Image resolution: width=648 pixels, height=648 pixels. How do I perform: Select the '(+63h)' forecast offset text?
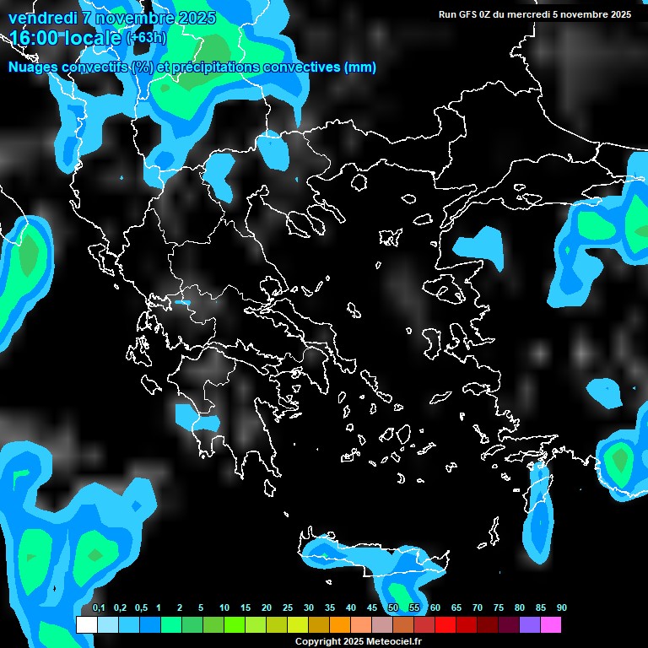click(x=146, y=38)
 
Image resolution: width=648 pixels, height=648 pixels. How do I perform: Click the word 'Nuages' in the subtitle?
click(x=34, y=67)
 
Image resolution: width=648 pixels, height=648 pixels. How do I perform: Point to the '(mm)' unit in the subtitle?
click(x=359, y=67)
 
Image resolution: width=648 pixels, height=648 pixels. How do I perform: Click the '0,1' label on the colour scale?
click(x=99, y=608)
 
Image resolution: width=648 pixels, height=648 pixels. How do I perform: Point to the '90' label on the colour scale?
click(x=562, y=608)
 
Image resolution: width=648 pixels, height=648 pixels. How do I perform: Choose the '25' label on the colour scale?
click(x=288, y=608)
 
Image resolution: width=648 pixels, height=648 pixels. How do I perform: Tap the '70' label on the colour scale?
click(x=478, y=608)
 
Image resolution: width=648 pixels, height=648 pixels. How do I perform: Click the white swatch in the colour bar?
click(x=86, y=625)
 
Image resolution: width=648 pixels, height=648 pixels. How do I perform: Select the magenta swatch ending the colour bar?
click(x=550, y=625)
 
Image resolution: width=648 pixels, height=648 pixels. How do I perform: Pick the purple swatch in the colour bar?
click(x=529, y=625)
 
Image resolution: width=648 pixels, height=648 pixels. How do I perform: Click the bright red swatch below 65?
click(x=445, y=625)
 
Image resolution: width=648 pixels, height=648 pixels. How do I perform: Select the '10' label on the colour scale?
click(x=224, y=608)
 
